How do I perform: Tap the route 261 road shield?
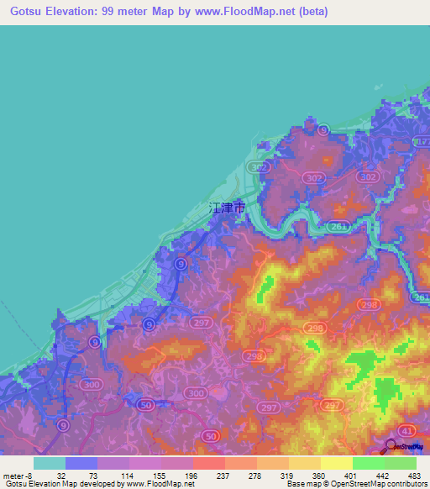pos(338,226)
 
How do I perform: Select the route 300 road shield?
pos(196,393)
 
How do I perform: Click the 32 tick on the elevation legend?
pos(61,475)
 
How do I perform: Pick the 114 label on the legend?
pos(131,475)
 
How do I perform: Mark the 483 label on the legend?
pos(414,475)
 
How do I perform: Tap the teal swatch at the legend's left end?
pos(49,463)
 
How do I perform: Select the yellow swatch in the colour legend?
pos(336,463)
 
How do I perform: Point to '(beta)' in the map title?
pos(308,12)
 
